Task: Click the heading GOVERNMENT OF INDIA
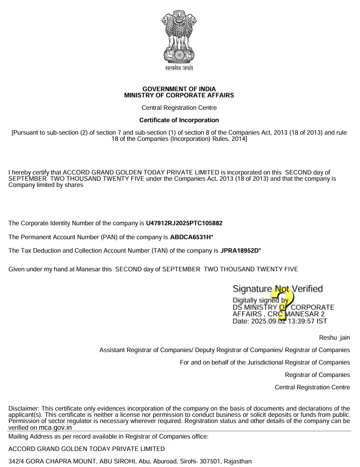[x=179, y=89]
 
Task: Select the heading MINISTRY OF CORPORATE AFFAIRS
[x=179, y=95]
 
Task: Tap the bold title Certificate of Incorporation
[x=179, y=120]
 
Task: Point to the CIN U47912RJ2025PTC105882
[x=184, y=223]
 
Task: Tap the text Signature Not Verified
[x=277, y=288]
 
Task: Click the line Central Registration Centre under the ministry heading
[x=179, y=108]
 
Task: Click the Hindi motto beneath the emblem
[x=179, y=68]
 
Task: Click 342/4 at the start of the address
[x=17, y=461]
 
